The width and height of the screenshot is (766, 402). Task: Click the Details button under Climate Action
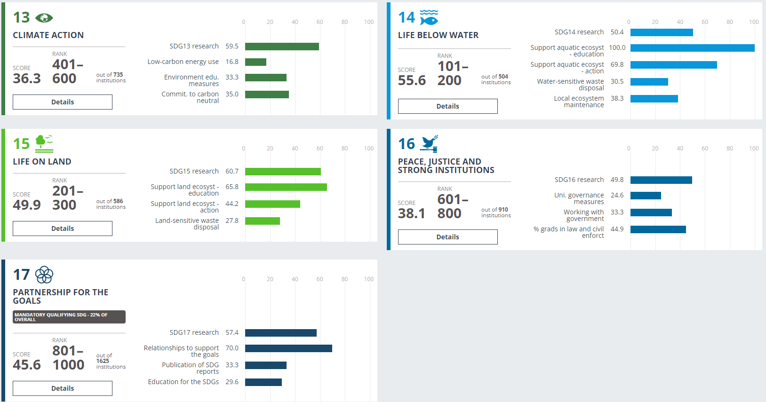click(63, 102)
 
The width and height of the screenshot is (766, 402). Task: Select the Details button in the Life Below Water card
click(447, 106)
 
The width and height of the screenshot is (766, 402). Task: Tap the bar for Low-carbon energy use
click(255, 62)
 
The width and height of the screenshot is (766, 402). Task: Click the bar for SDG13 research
click(282, 47)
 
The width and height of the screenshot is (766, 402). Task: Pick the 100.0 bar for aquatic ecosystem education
click(692, 48)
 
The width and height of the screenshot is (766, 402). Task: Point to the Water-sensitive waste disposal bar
click(649, 82)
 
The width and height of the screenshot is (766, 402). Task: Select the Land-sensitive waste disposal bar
click(262, 221)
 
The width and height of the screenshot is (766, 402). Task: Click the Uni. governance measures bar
click(646, 196)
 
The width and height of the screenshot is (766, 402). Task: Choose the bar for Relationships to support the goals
click(288, 348)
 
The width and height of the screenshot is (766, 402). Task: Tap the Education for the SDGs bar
click(263, 382)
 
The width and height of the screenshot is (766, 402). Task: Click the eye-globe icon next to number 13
click(44, 18)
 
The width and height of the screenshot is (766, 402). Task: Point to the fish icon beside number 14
click(429, 17)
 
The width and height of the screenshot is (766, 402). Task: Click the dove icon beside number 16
click(429, 143)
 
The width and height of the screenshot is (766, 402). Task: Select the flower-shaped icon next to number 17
click(44, 275)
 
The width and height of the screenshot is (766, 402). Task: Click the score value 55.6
click(412, 80)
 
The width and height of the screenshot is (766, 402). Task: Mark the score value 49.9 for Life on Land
click(27, 205)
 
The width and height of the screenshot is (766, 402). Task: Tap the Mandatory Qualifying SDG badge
click(69, 317)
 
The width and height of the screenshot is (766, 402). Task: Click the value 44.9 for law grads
click(617, 229)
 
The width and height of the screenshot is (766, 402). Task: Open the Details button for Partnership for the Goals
click(63, 388)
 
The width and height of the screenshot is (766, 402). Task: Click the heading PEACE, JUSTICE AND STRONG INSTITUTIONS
click(446, 166)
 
